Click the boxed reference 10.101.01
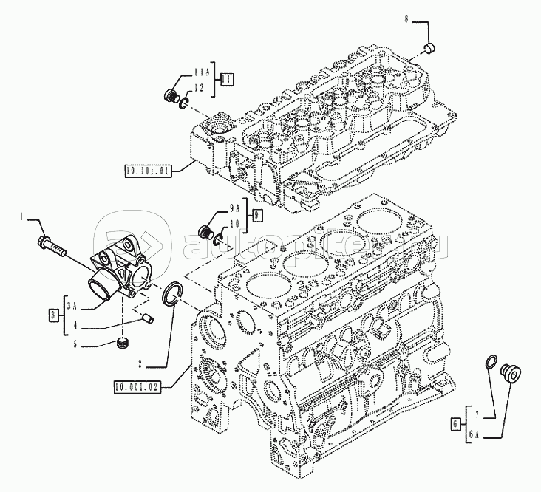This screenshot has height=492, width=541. pyautogui.click(x=148, y=171)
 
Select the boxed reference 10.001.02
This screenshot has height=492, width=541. pyautogui.click(x=137, y=388)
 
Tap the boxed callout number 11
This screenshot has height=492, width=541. pyautogui.click(x=227, y=80)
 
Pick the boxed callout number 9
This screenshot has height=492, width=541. pyautogui.click(x=256, y=215)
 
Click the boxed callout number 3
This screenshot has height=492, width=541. pyautogui.click(x=53, y=315)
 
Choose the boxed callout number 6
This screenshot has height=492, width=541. pyautogui.click(x=455, y=424)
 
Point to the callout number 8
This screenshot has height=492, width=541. pyautogui.click(x=406, y=19)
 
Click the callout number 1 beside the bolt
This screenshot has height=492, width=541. pyautogui.click(x=21, y=217)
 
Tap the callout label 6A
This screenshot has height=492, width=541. pyautogui.click(x=474, y=435)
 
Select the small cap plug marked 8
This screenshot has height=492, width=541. pyautogui.click(x=429, y=49)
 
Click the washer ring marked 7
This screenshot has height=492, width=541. pyautogui.click(x=491, y=361)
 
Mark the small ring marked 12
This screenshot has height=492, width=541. pyautogui.click(x=184, y=103)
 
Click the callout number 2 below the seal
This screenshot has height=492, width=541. pyautogui.click(x=140, y=363)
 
